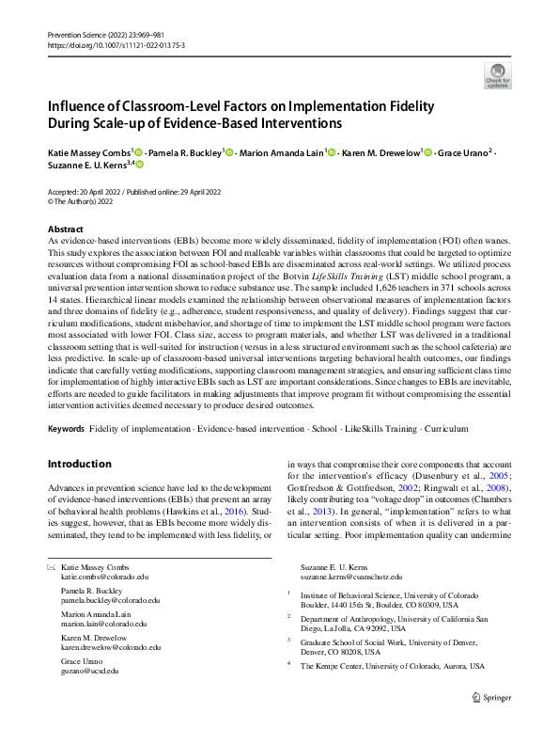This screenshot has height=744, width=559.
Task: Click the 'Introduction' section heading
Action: coord(80,464)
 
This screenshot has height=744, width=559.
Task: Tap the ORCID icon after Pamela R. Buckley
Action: coord(230,152)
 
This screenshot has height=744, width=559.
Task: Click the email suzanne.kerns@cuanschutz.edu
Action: coord(350,576)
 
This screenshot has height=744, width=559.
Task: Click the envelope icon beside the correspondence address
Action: coord(52,567)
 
